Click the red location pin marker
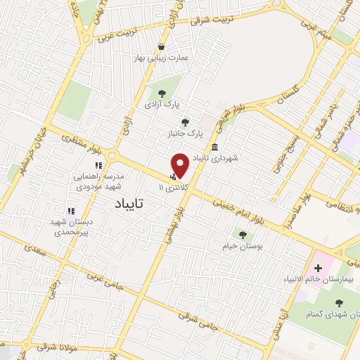point(180,165)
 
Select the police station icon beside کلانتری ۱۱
point(173,177)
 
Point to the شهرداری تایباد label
point(214,158)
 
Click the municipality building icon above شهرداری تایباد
point(214,148)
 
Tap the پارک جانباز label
point(186,133)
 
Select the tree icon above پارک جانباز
point(186,122)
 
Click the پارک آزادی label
point(162,104)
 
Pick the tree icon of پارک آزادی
point(162,93)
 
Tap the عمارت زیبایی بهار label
point(162,58)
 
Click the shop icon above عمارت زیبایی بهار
point(162,47)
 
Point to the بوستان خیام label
point(243,246)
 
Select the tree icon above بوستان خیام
point(243,235)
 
